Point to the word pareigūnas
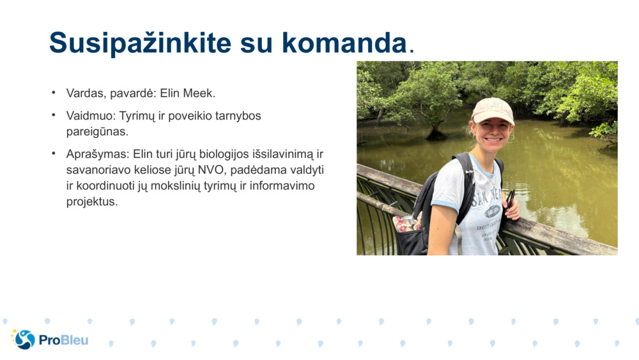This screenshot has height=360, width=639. tap(97, 132)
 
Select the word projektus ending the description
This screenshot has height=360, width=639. tap(92, 201)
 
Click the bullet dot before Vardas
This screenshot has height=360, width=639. tap(54, 93)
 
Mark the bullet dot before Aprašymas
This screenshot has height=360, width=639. tap(54, 154)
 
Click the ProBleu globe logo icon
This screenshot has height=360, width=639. tap(24, 339)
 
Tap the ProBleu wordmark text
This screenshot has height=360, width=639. tap(63, 340)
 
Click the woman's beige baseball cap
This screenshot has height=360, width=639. tap(492, 110)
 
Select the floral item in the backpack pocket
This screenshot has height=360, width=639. tap(406, 223)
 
